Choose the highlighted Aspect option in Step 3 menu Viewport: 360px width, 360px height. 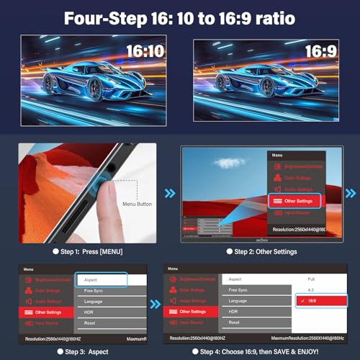pos(101,279)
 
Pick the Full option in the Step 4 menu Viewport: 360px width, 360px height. pos(311,278)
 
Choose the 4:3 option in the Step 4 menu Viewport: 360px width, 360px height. pos(311,290)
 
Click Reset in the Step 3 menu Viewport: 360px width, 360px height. pos(91,323)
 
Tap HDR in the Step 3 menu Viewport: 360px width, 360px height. pos(90,312)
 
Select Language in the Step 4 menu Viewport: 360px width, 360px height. pos(238,300)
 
